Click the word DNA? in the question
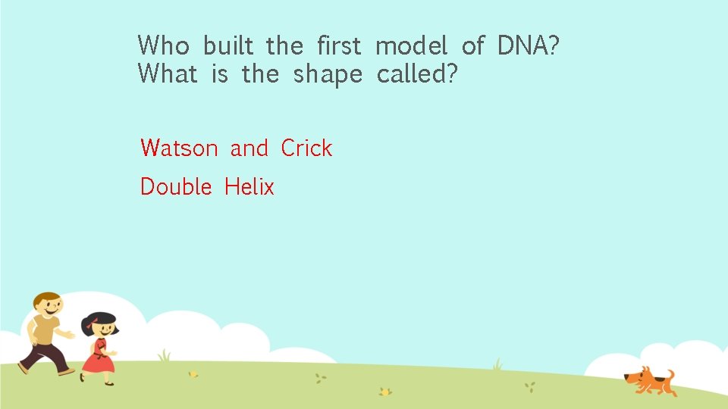529,45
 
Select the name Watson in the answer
179,148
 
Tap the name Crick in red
306,148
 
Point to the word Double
176,186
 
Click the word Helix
249,186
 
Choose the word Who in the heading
163,45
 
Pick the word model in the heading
412,45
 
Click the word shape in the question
328,75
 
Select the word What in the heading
168,74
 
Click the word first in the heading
339,45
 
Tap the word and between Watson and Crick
249,148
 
